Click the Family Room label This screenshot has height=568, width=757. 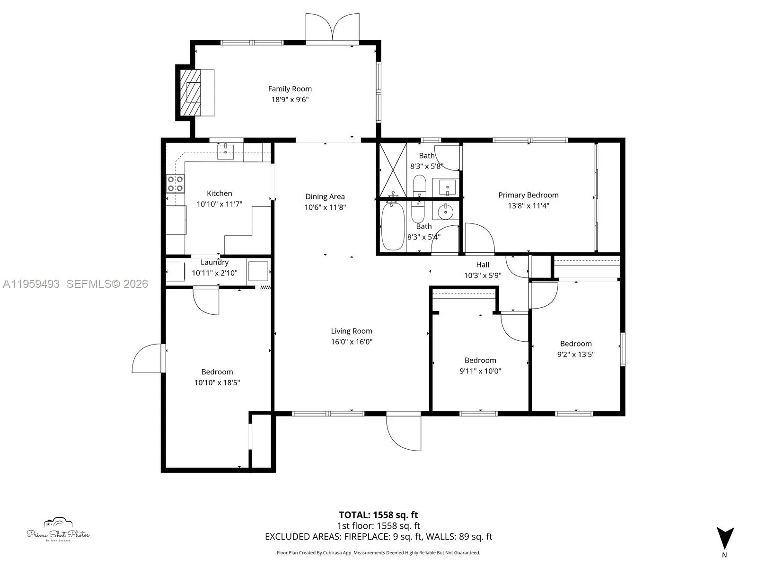tap(290, 89)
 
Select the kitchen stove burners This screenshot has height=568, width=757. tap(175, 184)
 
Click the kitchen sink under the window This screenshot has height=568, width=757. tap(226, 151)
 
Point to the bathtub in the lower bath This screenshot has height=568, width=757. tap(393, 226)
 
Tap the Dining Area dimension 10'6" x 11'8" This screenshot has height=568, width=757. tap(325, 207)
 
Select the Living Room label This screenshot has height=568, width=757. tap(352, 331)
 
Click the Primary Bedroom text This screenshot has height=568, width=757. tap(528, 195)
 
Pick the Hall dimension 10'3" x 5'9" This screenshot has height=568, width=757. tap(482, 275)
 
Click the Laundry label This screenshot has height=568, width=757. tap(214, 262)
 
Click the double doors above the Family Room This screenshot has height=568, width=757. tap(333, 27)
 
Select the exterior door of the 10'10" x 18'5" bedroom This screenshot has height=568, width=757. tap(148, 359)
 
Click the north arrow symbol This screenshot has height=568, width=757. tap(724, 539)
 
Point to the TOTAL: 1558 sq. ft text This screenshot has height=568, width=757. tap(378, 515)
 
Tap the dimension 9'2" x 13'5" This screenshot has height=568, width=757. tap(576, 355)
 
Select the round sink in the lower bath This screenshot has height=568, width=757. tap(445, 212)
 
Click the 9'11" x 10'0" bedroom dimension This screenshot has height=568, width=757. tap(480, 371)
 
